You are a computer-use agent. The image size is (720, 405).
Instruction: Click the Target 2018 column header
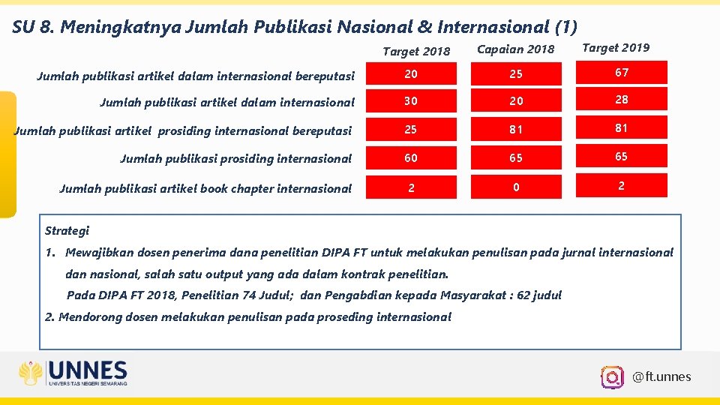tap(416, 51)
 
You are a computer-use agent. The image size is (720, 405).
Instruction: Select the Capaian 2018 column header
tap(515, 49)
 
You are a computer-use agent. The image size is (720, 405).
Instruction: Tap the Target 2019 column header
tap(616, 48)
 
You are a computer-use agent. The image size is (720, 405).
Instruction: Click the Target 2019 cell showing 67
tap(621, 73)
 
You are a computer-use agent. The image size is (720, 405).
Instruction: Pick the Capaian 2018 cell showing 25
tap(515, 74)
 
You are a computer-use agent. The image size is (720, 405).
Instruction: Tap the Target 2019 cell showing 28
tap(621, 100)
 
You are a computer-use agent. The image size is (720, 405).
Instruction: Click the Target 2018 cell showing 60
tap(410, 158)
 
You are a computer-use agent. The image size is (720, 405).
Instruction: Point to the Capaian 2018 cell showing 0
tap(515, 187)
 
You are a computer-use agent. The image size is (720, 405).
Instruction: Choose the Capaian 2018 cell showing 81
tap(515, 130)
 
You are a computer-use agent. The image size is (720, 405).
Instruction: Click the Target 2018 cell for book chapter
tap(410, 187)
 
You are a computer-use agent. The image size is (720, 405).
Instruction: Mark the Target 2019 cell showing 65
tap(621, 157)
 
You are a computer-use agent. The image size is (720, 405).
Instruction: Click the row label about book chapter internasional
tap(205, 188)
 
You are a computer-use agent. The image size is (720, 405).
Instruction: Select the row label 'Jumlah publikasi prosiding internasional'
tap(235, 158)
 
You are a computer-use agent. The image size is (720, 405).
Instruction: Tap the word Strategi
tap(67, 230)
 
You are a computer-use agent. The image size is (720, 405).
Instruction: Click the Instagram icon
tap(612, 376)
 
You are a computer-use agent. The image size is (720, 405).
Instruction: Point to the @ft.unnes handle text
tap(661, 376)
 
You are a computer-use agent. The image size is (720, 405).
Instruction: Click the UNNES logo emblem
tap(31, 373)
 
